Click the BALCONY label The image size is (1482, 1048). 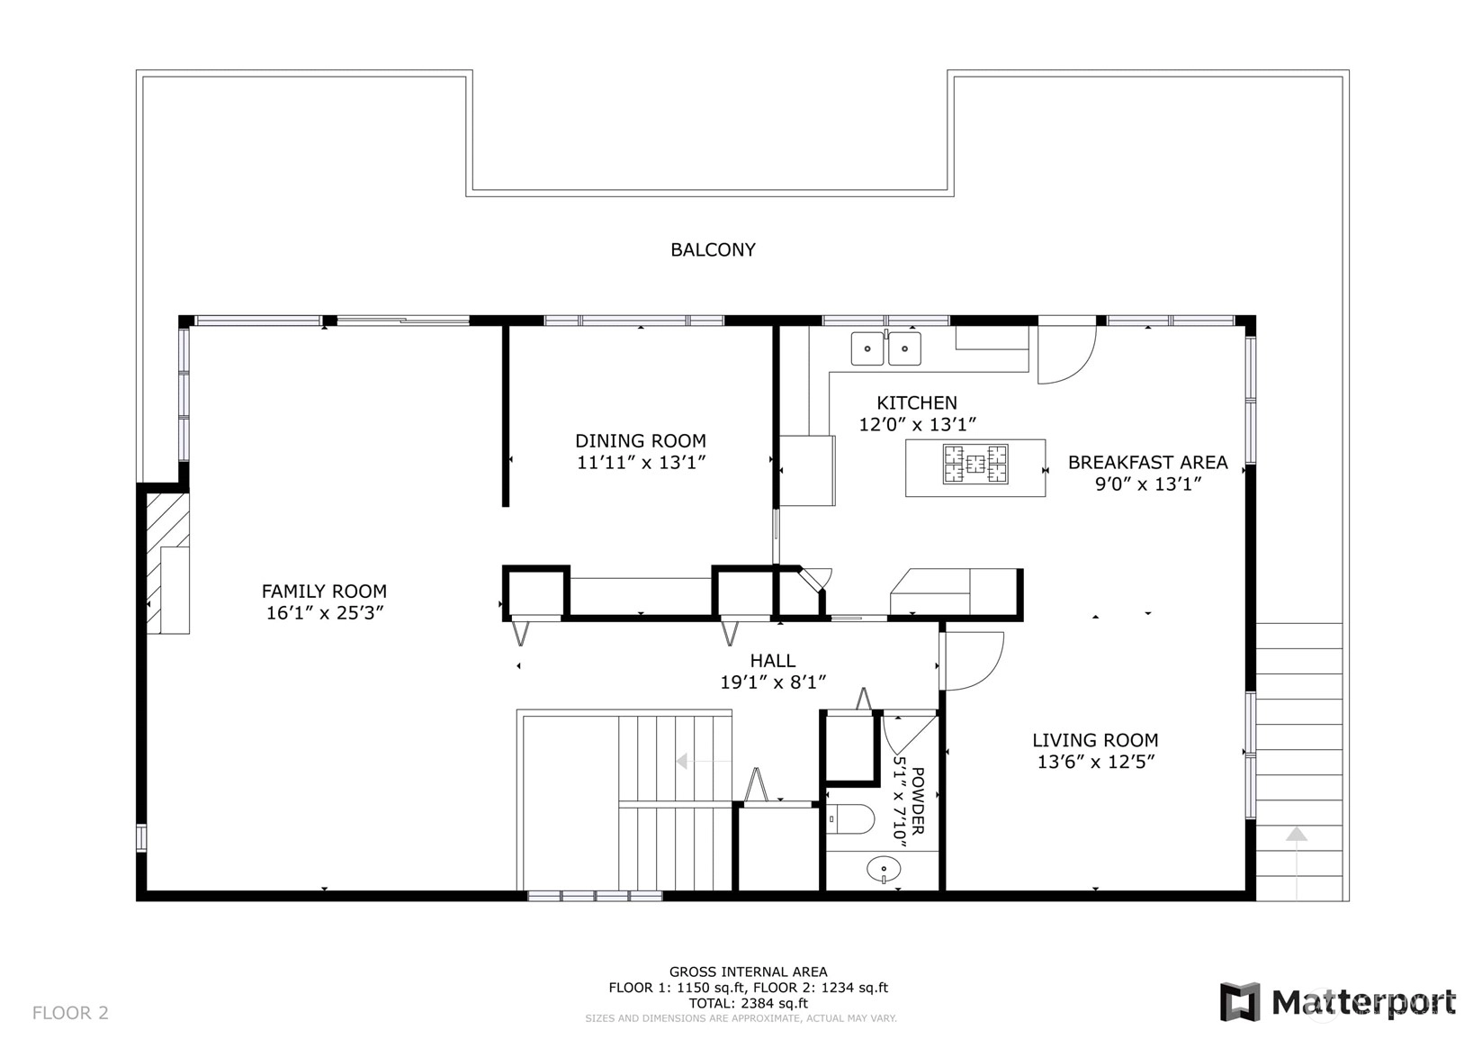click(x=713, y=249)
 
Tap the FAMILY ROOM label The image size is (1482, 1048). click(x=324, y=591)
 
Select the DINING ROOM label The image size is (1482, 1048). click(x=641, y=440)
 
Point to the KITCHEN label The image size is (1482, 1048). click(x=916, y=402)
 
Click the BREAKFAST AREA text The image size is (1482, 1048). click(x=1147, y=462)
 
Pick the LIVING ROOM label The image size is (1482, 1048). click(x=1095, y=739)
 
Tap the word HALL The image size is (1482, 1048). click(x=772, y=660)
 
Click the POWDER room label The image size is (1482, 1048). click(x=918, y=800)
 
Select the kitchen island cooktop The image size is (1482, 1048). click(x=975, y=464)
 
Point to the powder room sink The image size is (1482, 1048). click(x=884, y=869)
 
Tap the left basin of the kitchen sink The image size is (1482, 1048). click(x=867, y=348)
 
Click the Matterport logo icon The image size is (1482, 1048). click(x=1240, y=1002)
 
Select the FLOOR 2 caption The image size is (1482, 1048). click(x=70, y=1012)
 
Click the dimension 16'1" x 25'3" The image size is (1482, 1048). click(x=324, y=613)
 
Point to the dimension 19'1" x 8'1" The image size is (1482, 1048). click(x=773, y=682)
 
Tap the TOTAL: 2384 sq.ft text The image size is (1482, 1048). click(x=749, y=1003)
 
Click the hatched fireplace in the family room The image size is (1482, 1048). click(x=167, y=563)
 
